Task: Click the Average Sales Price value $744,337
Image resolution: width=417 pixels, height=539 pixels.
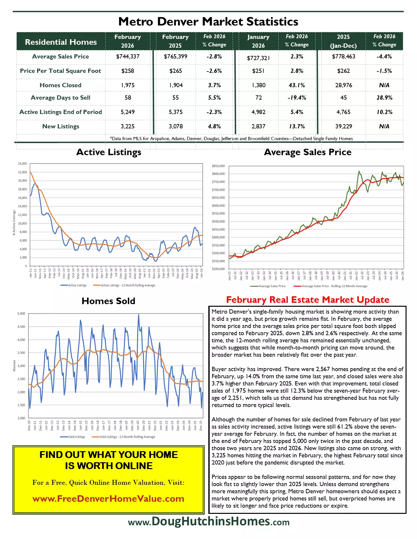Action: coord(128,57)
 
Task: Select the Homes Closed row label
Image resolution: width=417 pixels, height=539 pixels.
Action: coord(61,85)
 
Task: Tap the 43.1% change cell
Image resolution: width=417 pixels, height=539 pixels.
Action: coord(297,85)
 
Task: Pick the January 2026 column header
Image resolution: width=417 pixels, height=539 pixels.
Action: coord(258,41)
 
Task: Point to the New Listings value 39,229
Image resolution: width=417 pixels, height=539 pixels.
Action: coord(343,126)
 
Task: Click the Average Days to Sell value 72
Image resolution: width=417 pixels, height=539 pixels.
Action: coord(258,98)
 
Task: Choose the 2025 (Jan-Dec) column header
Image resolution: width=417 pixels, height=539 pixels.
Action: coord(343,41)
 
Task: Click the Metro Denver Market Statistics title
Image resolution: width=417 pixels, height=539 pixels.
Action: coord(208,22)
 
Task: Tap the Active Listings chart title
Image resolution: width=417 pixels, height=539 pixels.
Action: coord(109,152)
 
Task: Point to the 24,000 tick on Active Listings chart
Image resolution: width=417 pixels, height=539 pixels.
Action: coord(23,164)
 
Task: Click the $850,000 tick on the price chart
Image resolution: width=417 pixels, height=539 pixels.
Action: coord(218,166)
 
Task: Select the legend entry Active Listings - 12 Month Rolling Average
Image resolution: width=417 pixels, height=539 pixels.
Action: coord(128,286)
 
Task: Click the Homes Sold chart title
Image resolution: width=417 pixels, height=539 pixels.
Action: coord(108,301)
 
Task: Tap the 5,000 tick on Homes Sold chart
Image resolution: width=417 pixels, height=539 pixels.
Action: coord(21,314)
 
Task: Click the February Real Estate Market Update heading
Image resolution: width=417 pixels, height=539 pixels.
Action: coord(307,300)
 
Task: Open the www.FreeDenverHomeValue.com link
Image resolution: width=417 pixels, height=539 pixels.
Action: coord(108,499)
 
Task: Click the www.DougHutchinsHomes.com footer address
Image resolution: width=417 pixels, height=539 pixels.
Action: coord(209,521)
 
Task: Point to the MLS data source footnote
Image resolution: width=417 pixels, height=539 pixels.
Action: coord(231,139)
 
